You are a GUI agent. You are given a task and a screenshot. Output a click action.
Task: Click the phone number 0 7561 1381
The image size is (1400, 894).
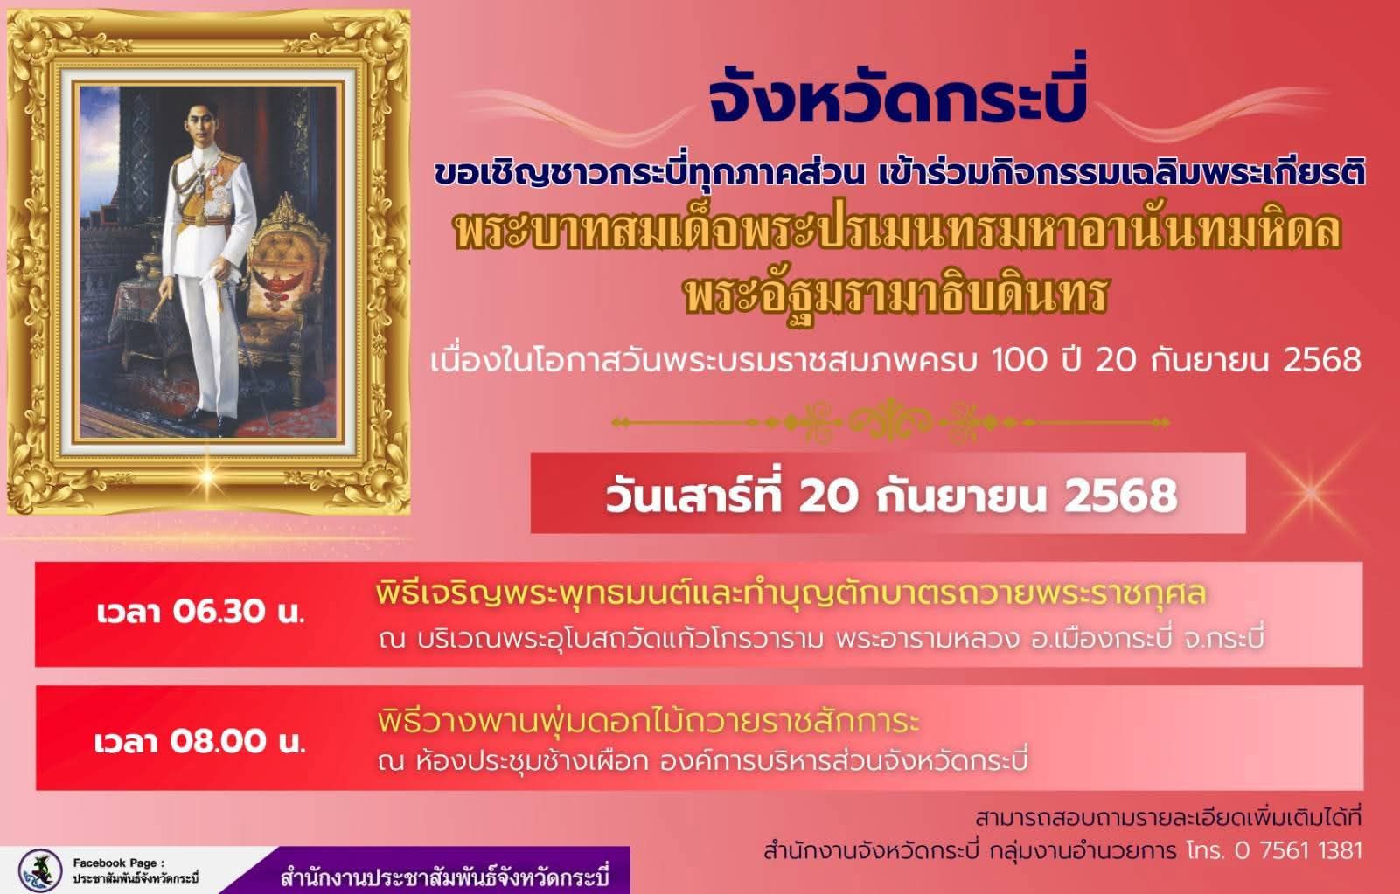coord(1298,851)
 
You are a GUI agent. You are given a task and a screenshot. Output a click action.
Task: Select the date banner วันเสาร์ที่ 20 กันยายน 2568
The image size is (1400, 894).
coord(890,496)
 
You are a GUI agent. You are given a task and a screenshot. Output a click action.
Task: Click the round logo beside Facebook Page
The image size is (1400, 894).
coord(40,870)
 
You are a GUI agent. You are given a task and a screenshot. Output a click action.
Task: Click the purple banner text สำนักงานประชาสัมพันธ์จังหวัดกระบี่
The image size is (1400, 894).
coord(445,877)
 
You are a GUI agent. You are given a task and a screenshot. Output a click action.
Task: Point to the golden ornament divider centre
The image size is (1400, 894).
coord(890,423)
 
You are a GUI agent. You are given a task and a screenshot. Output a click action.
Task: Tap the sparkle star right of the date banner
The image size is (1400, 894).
coord(1311,492)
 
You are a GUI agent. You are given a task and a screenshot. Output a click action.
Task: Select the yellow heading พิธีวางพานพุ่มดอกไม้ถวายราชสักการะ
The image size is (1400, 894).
coord(648,722)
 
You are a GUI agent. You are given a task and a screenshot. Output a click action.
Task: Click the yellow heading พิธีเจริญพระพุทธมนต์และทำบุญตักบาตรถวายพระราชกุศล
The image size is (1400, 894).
coord(791,593)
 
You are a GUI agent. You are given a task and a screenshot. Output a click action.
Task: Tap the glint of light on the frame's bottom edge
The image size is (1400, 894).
coord(207,476)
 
